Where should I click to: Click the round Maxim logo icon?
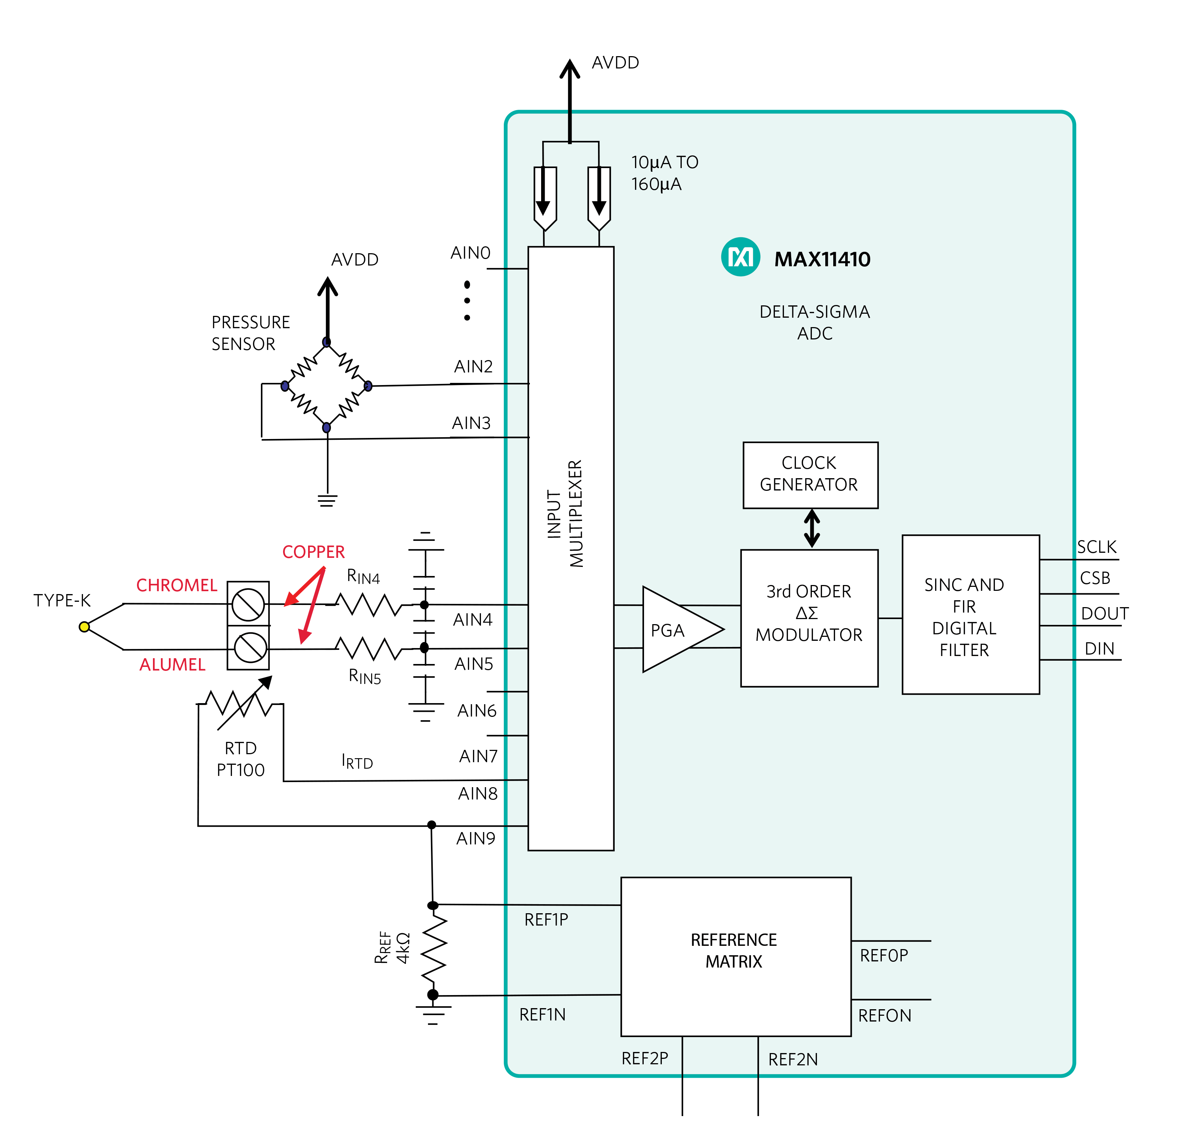(740, 257)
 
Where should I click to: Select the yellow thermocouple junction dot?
(84, 626)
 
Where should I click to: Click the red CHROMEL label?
(176, 585)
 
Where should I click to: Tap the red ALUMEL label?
(173, 664)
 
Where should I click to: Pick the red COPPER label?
(313, 551)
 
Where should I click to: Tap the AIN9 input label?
(476, 838)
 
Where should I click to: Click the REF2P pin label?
(645, 1058)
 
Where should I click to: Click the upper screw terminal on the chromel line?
(248, 604)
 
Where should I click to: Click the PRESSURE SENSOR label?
(250, 333)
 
